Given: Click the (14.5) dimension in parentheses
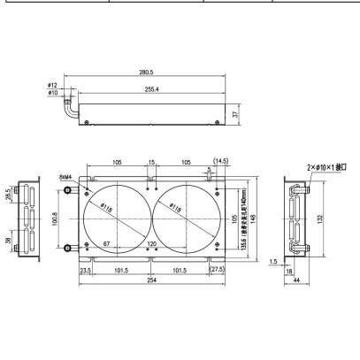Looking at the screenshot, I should [x=221, y=161].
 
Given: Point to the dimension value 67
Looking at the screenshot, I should [x=106, y=243].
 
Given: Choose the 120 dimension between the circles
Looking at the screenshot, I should [x=151, y=243].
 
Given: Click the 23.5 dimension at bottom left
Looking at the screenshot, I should [x=86, y=270].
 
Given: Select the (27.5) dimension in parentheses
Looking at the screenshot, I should [x=218, y=270].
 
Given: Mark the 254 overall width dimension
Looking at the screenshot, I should [x=151, y=281].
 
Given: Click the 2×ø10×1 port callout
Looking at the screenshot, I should [x=323, y=166].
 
